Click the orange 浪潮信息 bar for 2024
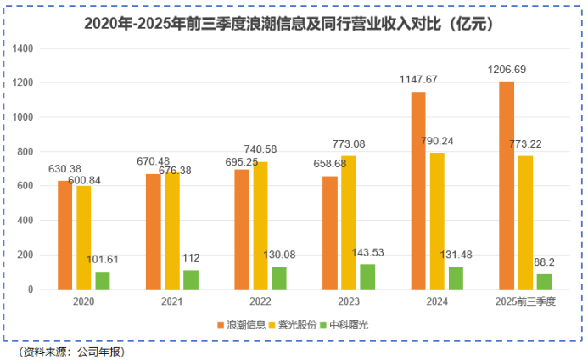pos(418,190)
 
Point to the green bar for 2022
pos(279,278)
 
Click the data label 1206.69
pos(507,69)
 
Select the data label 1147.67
pos(418,79)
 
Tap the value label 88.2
pos(544,262)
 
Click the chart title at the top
pos(294,23)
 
